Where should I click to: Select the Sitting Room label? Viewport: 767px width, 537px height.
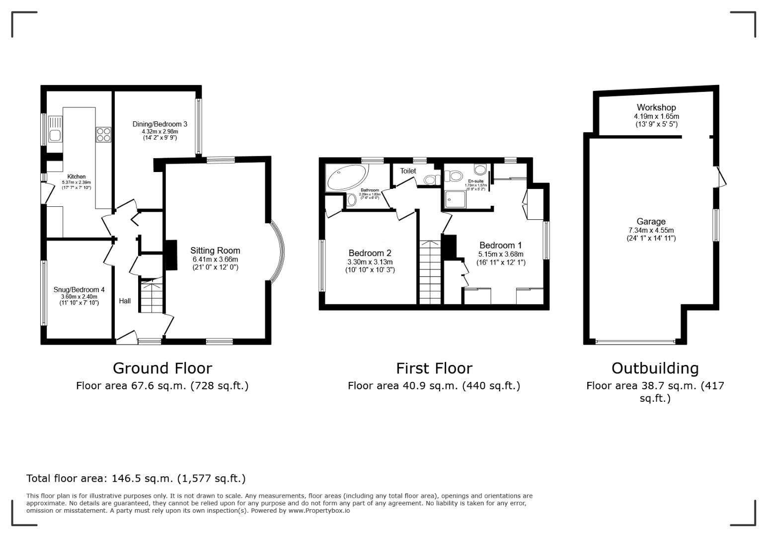[215, 251]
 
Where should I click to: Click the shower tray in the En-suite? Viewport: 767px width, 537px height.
[456, 199]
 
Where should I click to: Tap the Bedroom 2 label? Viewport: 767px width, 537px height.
[370, 253]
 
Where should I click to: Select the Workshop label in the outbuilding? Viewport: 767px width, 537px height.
[656, 107]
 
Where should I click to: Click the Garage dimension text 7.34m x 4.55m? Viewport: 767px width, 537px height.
[651, 230]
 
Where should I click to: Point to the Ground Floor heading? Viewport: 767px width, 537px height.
[162, 368]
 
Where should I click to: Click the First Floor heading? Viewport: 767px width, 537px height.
[434, 368]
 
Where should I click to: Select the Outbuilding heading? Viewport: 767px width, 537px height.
[655, 368]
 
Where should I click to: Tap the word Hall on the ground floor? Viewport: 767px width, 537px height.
[125, 301]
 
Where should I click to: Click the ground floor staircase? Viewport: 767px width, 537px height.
[150, 296]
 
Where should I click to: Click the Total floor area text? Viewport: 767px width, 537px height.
[136, 478]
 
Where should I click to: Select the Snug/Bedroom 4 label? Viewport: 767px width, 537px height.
[79, 289]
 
